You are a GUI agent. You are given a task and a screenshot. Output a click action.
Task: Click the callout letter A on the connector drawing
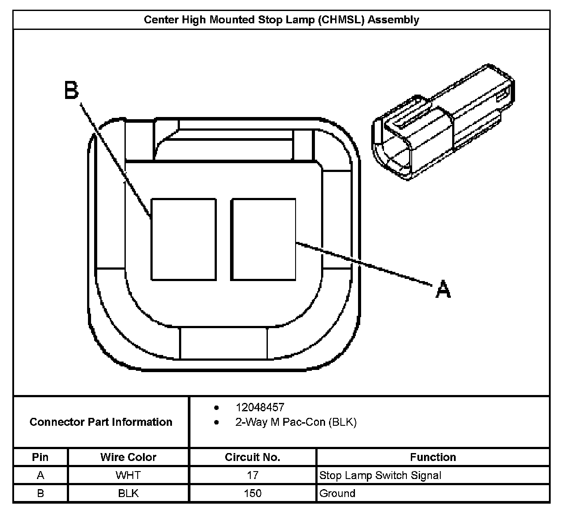(x=443, y=289)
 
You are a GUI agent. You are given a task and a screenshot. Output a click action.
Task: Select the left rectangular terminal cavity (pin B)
(x=183, y=239)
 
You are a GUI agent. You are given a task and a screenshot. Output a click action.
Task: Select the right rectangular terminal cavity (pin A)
(x=263, y=239)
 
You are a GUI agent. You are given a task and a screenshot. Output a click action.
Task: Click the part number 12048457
(x=260, y=407)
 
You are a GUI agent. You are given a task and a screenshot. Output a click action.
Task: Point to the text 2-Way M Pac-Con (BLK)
(x=296, y=422)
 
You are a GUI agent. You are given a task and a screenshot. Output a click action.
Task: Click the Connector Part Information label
(x=101, y=422)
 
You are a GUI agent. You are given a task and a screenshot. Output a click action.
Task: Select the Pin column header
(x=40, y=457)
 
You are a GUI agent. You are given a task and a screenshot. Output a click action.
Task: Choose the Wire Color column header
(x=128, y=457)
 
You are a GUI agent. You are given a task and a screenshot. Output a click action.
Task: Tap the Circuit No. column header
(x=252, y=457)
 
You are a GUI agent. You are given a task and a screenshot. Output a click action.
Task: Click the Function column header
(x=433, y=457)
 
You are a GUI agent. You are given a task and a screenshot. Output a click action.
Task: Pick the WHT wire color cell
(x=128, y=475)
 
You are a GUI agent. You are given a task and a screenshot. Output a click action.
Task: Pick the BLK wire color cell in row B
(x=128, y=493)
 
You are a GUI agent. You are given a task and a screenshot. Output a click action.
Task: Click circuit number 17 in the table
(x=252, y=475)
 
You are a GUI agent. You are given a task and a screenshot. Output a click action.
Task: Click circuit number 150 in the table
(x=252, y=493)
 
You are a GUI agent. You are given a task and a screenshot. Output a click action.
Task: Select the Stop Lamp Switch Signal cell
(x=380, y=475)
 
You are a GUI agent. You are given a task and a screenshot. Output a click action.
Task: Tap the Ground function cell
(x=337, y=493)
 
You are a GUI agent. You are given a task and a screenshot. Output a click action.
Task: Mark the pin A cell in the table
(x=40, y=475)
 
